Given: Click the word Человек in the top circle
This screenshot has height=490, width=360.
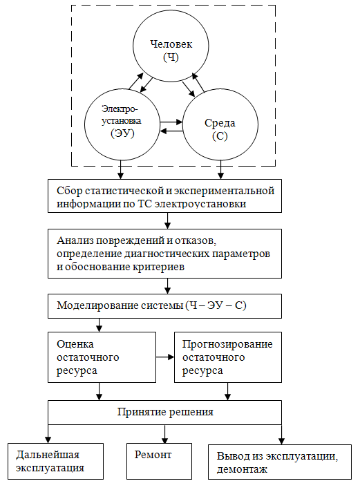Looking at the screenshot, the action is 171,44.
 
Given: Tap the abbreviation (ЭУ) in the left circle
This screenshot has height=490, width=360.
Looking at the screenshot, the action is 122,133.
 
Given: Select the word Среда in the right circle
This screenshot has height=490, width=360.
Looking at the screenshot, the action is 220,123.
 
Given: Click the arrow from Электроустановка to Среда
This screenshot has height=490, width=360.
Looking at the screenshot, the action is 171,122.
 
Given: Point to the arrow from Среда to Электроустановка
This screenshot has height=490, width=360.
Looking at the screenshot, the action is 171,131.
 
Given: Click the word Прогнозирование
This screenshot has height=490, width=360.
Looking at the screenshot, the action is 227,344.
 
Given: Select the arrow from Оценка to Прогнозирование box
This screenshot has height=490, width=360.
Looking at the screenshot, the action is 165,357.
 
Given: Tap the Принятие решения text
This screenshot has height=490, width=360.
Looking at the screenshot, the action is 165,412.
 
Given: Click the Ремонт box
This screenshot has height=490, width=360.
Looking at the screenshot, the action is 159,461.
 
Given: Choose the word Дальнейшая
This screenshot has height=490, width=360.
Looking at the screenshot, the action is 48,455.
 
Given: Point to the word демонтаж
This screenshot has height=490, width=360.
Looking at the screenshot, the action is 242,469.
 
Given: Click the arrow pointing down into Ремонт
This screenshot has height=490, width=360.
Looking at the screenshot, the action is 164,434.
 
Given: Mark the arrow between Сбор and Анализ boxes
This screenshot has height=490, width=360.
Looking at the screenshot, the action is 167,220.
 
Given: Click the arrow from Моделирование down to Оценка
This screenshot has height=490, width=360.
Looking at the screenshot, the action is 99,325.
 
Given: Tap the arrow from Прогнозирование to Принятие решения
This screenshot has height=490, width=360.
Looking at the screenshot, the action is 228,391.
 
